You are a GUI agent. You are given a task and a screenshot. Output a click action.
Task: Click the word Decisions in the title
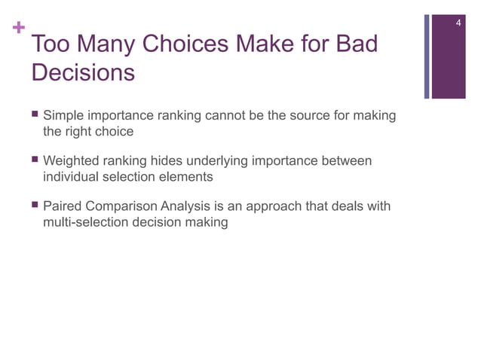[x=84, y=74]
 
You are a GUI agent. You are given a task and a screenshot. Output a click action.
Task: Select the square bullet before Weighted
[x=35, y=161]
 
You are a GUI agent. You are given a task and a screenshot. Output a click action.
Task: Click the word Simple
[x=64, y=117]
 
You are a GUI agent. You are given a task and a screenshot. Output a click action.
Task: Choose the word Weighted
[x=72, y=161]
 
